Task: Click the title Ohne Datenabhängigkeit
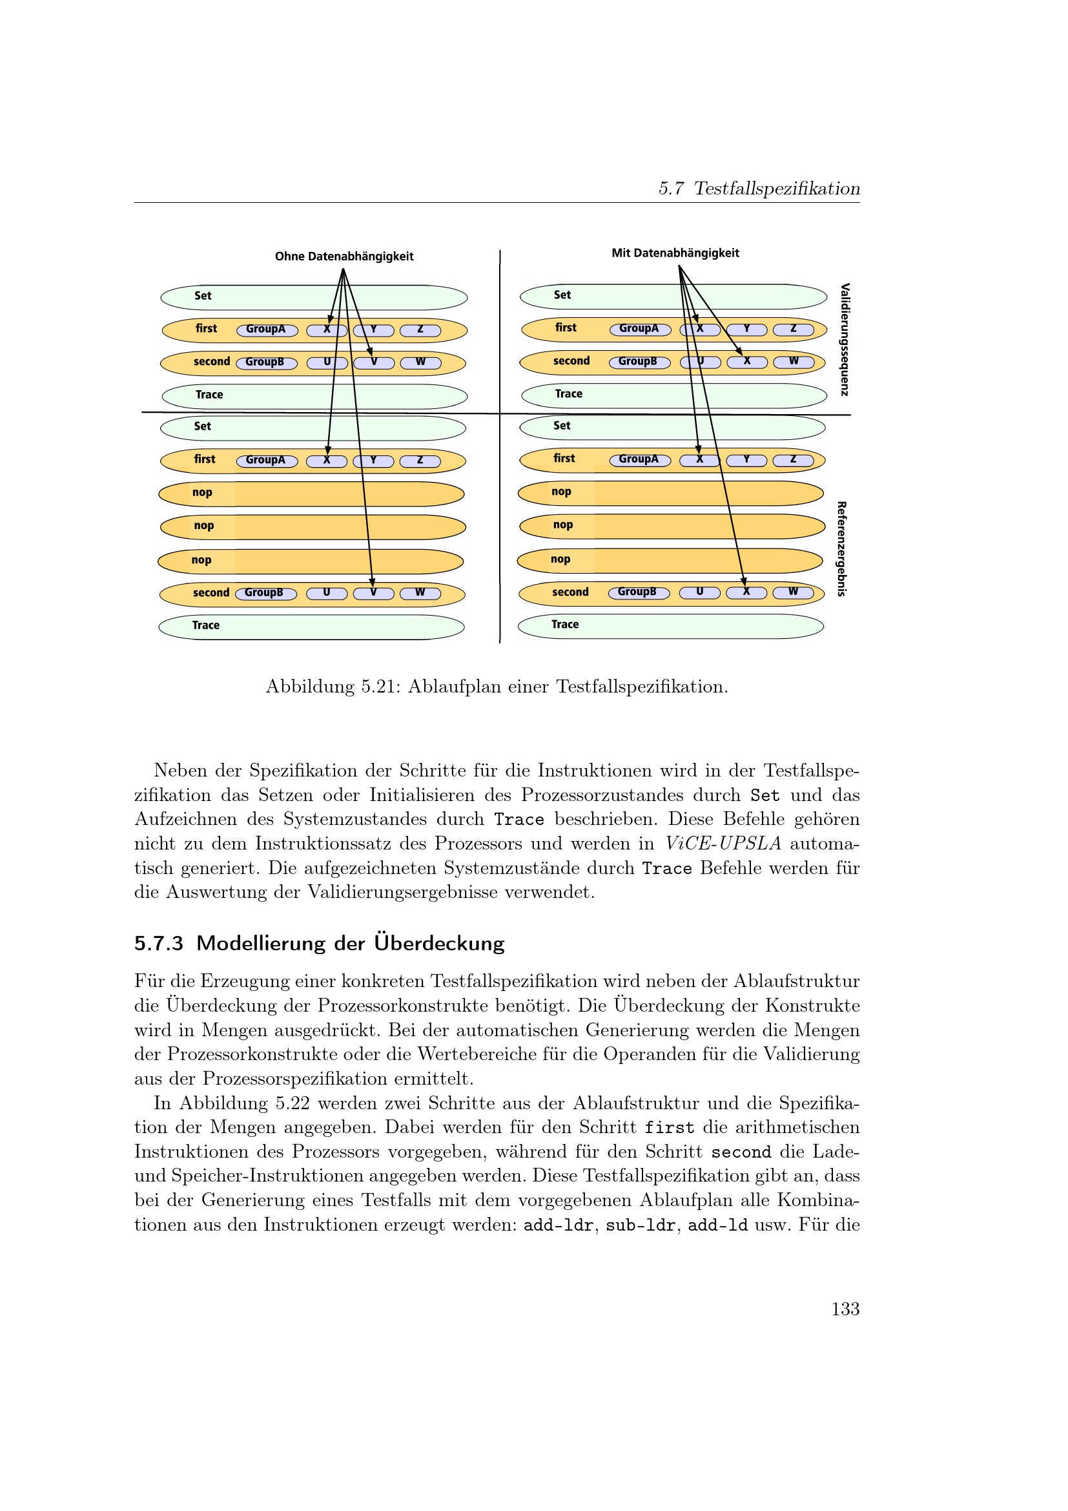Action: [x=344, y=256]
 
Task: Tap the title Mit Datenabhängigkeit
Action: [x=675, y=253]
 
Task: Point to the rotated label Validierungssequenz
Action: [x=845, y=340]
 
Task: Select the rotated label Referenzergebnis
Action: [x=841, y=549]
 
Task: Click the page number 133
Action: [x=845, y=1309]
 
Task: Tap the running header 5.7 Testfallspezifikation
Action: [x=759, y=189]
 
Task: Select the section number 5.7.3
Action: [x=158, y=944]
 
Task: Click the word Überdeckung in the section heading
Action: [x=438, y=943]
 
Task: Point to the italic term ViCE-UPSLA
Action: [x=723, y=844]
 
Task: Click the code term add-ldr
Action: [x=559, y=1225]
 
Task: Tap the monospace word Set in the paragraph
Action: [x=765, y=796]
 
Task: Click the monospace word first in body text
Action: [x=669, y=1128]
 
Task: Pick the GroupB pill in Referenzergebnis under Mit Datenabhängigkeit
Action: [x=638, y=592]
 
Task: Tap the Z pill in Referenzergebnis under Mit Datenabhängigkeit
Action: [x=792, y=460]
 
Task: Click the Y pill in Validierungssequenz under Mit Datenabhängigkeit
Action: [x=746, y=329]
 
